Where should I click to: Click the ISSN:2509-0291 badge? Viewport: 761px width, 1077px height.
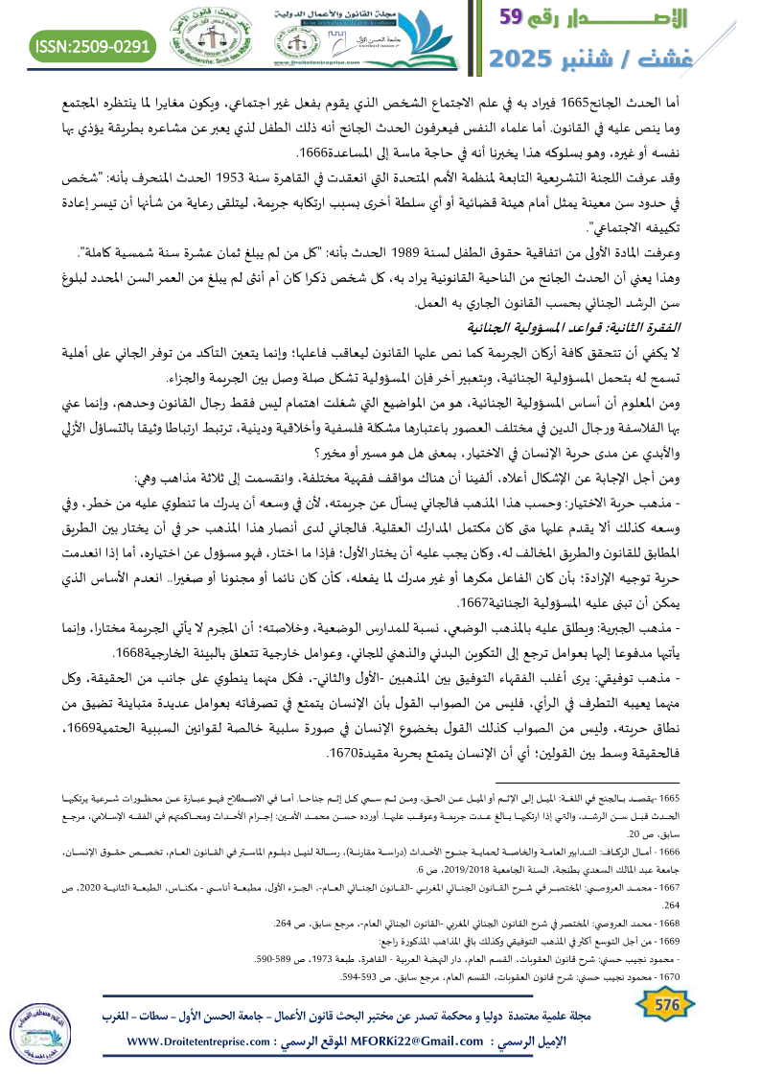pyautogui.click(x=93, y=46)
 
